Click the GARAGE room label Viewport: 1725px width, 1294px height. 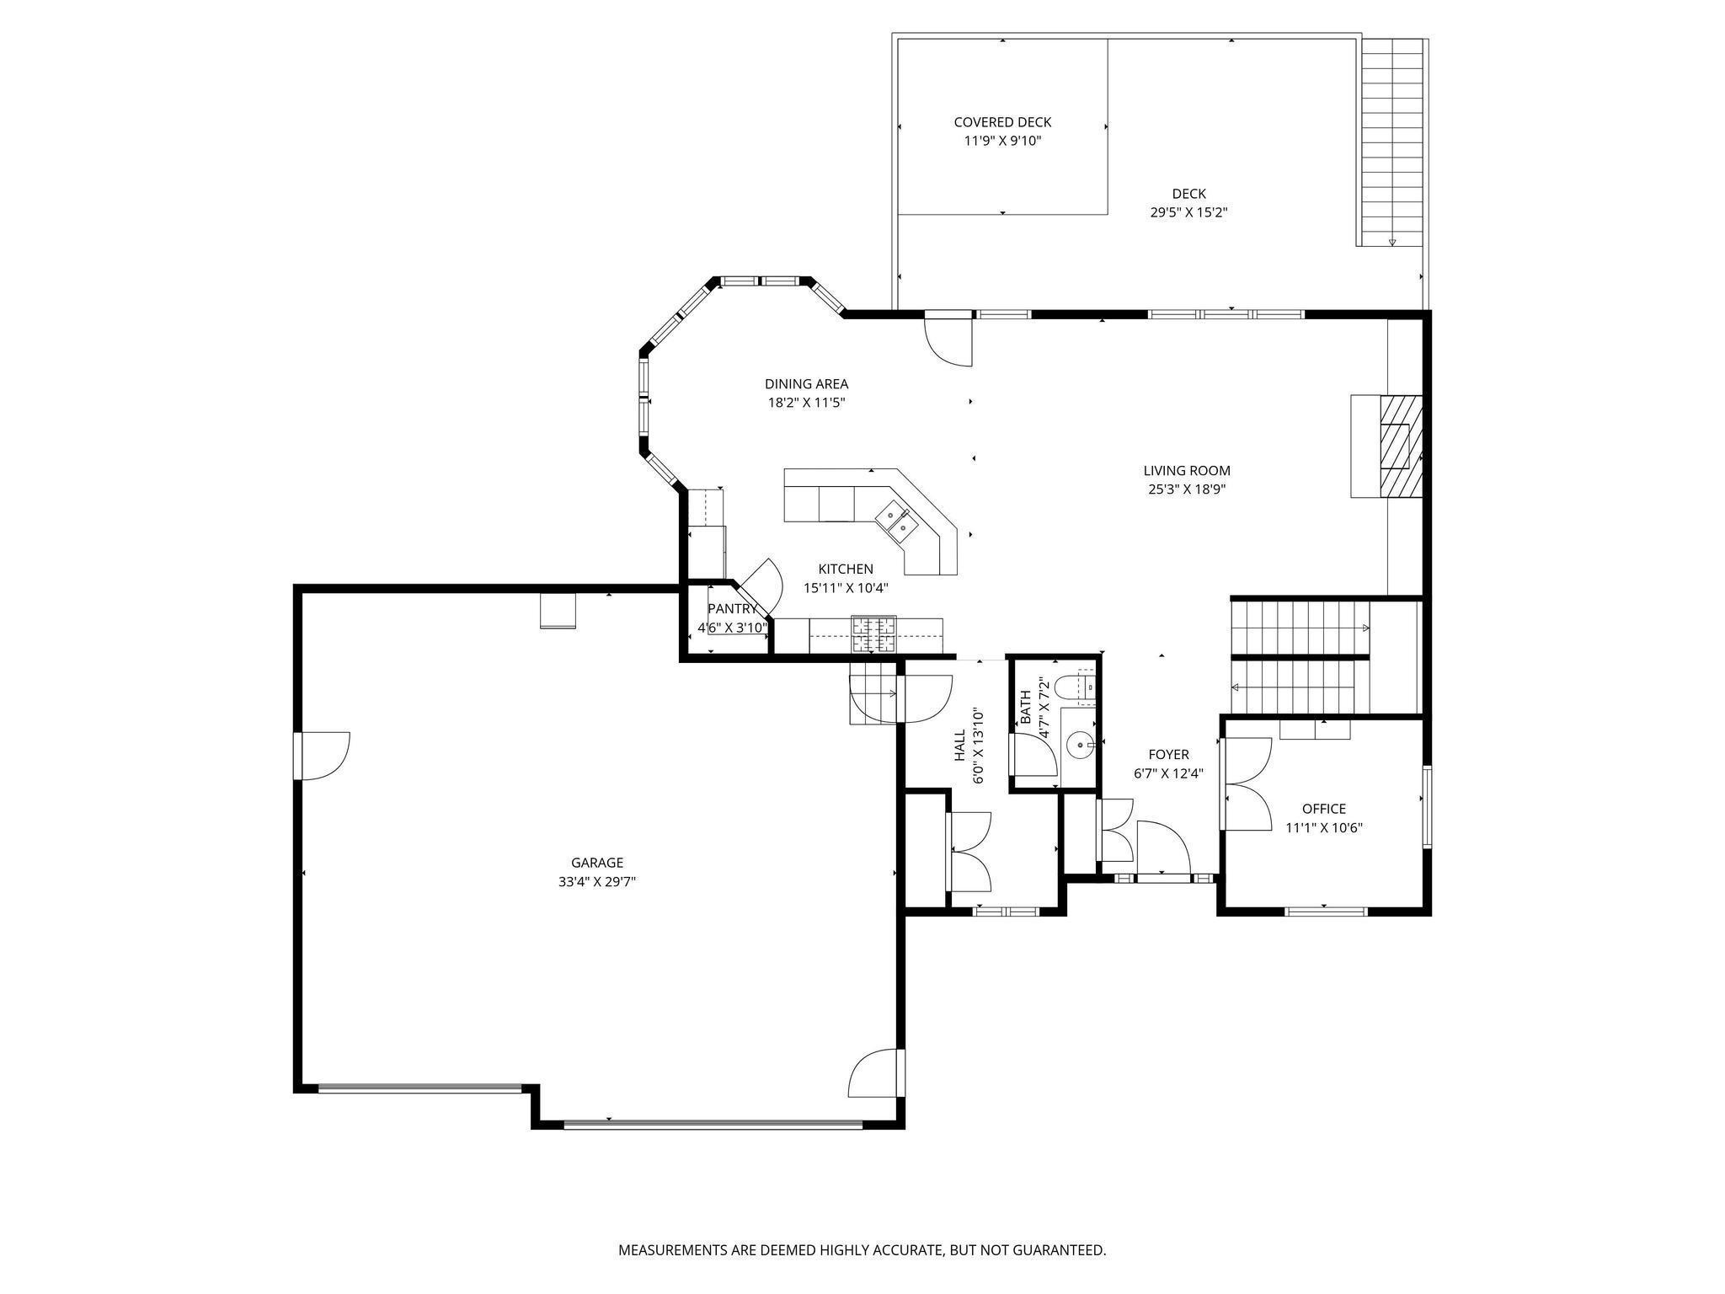(x=597, y=863)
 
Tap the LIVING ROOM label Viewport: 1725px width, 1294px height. (x=1187, y=471)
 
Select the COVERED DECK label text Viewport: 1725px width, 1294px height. (x=1002, y=122)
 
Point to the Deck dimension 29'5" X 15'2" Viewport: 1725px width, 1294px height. (x=1188, y=212)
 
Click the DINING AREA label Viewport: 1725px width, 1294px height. (x=806, y=384)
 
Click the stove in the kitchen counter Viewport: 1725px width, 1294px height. (x=874, y=635)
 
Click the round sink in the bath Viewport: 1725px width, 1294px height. (x=1079, y=745)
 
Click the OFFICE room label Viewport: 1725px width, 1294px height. (x=1324, y=809)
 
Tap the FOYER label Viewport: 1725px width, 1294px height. (x=1168, y=755)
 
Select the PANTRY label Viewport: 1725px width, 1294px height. (x=732, y=608)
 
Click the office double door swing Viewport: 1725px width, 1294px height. (x=1247, y=784)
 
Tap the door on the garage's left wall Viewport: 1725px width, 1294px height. (x=323, y=756)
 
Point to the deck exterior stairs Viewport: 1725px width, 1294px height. (x=1391, y=142)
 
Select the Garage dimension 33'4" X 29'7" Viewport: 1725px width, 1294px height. (x=597, y=882)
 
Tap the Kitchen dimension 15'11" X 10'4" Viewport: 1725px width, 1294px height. (x=846, y=588)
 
